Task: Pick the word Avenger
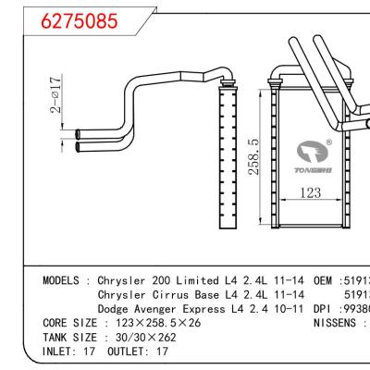(x=161, y=312)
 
